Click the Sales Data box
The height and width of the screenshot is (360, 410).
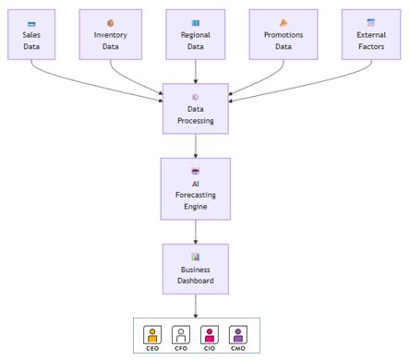(x=31, y=35)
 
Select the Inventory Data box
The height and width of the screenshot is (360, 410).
(x=110, y=35)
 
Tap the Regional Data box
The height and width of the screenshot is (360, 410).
(x=196, y=35)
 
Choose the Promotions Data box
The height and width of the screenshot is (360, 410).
(x=283, y=35)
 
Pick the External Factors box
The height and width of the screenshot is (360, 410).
(x=371, y=35)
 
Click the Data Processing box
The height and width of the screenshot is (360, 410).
(x=195, y=109)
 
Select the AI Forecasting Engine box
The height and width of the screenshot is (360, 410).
(x=195, y=188)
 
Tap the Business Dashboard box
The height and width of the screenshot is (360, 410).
(x=195, y=269)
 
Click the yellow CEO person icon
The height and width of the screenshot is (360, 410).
(x=152, y=334)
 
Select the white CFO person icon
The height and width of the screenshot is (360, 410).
(x=181, y=334)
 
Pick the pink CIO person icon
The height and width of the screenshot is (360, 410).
(x=210, y=334)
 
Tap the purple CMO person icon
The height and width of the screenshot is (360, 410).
(x=238, y=334)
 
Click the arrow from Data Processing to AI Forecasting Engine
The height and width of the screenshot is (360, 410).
(x=195, y=146)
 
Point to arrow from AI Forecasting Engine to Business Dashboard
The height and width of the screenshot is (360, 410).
(x=195, y=232)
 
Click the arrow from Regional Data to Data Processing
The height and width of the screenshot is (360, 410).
(x=195, y=71)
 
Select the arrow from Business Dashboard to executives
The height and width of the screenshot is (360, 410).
(x=195, y=306)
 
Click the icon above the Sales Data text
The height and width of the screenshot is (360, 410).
(x=31, y=23)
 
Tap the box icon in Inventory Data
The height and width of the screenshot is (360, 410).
(x=110, y=23)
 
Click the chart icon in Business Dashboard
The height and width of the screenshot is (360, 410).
(x=195, y=257)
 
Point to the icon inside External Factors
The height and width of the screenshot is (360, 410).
(x=371, y=22)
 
